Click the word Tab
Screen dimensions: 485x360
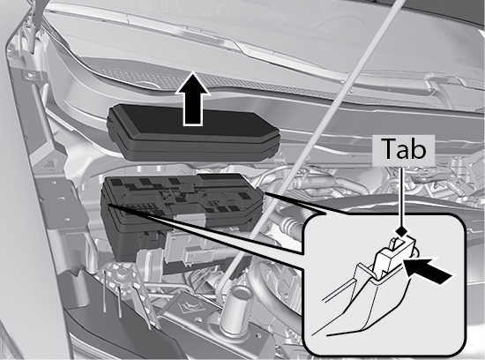tap(403, 149)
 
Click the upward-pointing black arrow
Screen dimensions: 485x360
tap(192, 99)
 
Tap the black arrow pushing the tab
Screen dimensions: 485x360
tap(429, 270)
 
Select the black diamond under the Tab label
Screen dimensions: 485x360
tap(401, 231)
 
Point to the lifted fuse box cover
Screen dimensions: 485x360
tap(193, 133)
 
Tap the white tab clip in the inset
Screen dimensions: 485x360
tap(393, 256)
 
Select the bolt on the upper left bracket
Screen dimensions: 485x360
tap(31, 75)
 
